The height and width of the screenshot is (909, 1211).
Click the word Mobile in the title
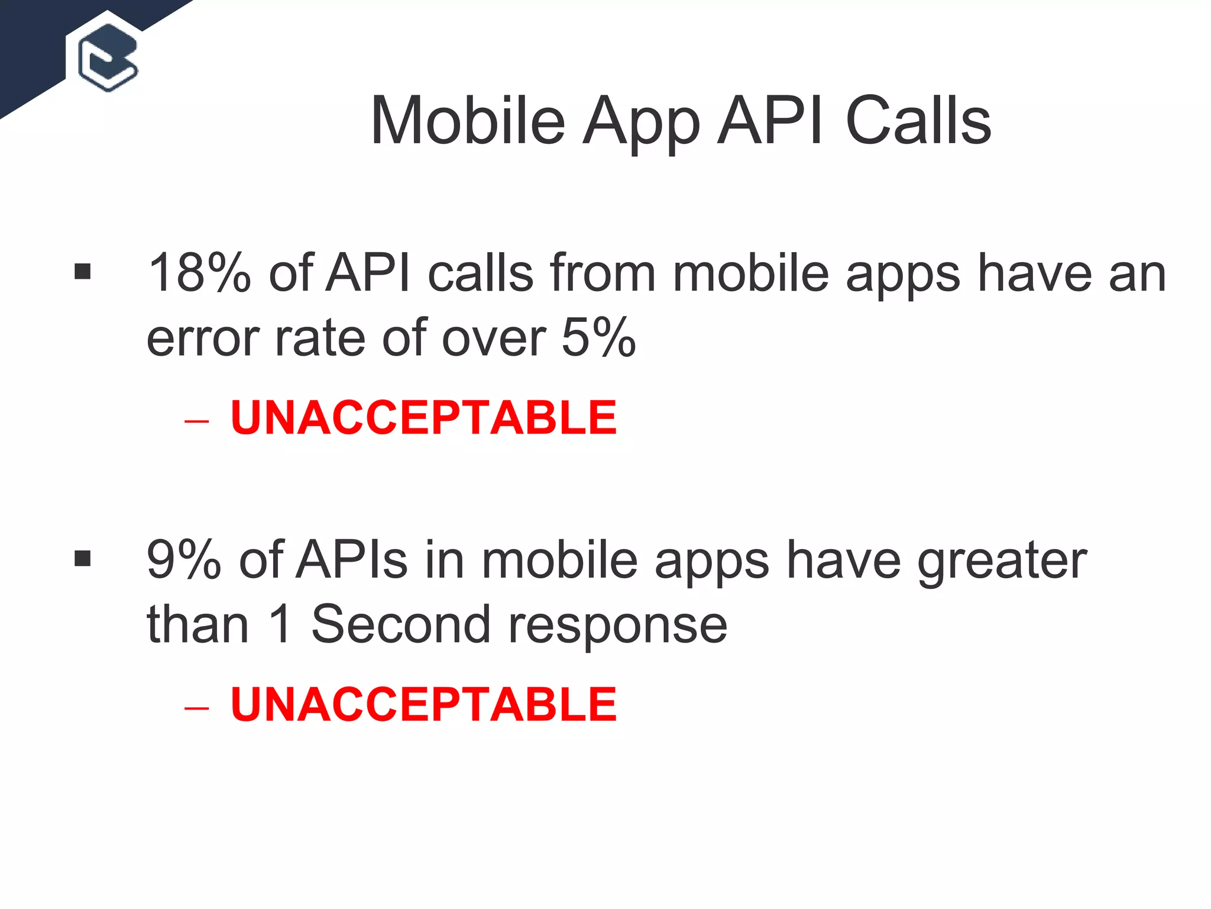point(468,121)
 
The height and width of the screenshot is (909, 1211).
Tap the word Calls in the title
point(918,121)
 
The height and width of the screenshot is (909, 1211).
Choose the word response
point(617,626)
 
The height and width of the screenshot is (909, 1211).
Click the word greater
point(1002,561)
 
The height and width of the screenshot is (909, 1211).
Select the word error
point(202,339)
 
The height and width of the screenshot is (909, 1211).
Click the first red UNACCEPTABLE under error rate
point(423,418)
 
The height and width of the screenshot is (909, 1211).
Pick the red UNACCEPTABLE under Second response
point(423,704)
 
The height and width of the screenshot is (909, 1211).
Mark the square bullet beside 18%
point(83,272)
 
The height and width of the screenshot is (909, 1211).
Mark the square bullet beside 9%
point(83,559)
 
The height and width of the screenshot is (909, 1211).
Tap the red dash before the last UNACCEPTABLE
point(196,708)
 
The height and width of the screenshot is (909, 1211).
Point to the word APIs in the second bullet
point(352,560)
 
